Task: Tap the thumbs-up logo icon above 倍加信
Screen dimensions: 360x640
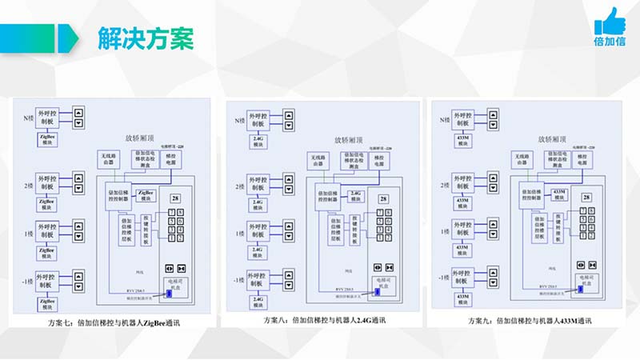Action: [611, 21]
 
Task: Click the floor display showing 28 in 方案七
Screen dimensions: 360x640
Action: [174, 198]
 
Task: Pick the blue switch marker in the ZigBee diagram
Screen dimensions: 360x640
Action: [169, 293]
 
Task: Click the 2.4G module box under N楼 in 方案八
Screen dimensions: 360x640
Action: [258, 141]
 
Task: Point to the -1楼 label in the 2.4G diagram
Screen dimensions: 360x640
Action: [235, 280]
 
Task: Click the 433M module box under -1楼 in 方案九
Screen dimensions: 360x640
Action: [462, 298]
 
